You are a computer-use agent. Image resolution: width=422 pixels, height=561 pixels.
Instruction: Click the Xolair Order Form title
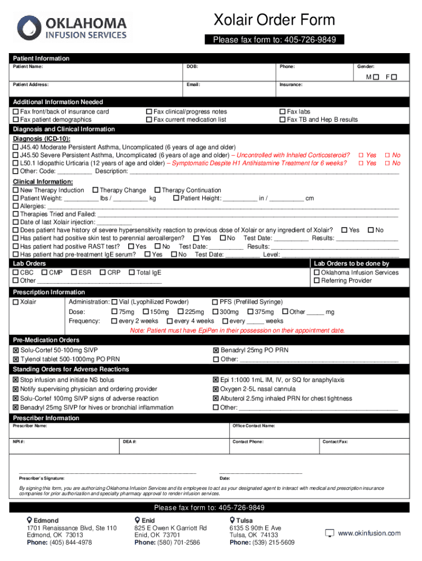[273, 21]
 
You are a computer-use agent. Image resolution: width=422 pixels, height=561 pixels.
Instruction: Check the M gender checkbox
[375, 77]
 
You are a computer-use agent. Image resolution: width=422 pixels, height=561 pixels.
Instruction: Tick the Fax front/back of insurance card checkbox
[15, 112]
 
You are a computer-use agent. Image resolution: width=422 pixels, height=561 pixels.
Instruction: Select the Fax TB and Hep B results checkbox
[282, 119]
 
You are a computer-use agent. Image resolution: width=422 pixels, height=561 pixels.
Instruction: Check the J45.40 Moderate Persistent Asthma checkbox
[15, 148]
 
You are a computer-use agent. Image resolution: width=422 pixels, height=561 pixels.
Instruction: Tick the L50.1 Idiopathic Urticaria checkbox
[15, 163]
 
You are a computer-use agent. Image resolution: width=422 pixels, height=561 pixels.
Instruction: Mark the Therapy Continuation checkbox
[157, 191]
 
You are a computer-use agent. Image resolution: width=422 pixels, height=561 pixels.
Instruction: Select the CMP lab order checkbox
[44, 272]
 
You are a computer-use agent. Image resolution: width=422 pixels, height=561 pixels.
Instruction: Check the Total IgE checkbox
[132, 272]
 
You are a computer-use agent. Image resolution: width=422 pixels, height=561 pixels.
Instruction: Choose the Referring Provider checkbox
[316, 280]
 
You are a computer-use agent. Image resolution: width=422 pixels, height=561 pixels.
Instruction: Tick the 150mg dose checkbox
[146, 312]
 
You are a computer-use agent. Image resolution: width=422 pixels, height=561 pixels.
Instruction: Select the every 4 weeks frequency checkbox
[170, 321]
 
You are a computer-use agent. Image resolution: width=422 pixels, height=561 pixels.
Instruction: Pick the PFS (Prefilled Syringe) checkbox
[215, 302]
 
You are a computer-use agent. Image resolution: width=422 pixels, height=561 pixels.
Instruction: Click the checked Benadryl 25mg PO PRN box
[216, 351]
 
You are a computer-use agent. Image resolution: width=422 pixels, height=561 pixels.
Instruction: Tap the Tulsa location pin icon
[232, 520]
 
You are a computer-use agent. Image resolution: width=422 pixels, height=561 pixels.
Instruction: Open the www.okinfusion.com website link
[369, 533]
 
